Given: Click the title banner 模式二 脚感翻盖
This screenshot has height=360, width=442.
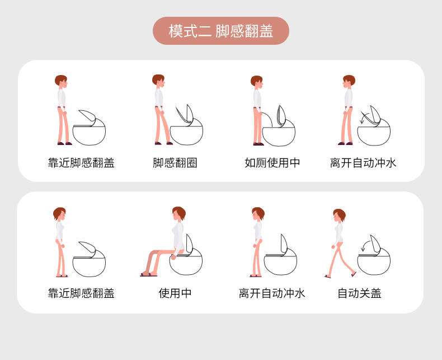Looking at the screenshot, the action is [x=220, y=31].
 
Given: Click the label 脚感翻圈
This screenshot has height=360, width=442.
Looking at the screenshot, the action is [x=175, y=163].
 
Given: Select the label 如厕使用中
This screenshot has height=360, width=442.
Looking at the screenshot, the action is [x=272, y=163].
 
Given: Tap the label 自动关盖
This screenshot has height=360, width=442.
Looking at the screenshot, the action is [x=359, y=293].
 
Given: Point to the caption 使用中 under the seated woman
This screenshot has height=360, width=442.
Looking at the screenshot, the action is [x=175, y=293].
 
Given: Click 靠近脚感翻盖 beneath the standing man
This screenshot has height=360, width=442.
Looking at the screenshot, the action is [x=81, y=163].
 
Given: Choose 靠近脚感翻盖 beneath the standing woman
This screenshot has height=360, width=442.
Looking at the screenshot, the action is [x=81, y=293].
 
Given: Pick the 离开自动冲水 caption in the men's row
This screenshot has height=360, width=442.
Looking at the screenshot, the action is [x=363, y=163].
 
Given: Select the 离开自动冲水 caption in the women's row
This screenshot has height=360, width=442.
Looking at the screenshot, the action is [x=272, y=293].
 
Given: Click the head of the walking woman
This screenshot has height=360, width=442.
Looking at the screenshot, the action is [x=339, y=216].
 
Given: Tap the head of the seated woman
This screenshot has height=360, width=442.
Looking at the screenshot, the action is [x=178, y=213].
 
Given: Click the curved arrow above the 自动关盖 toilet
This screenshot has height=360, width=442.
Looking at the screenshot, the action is [x=366, y=245].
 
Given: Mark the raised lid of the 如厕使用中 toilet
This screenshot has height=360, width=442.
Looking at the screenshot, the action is [x=281, y=116].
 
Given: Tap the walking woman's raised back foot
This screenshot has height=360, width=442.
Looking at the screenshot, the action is [x=354, y=274].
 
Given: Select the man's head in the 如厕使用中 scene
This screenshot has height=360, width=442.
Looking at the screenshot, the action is [x=257, y=82].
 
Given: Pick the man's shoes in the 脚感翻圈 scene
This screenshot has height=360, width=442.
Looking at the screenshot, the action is [x=163, y=143].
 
